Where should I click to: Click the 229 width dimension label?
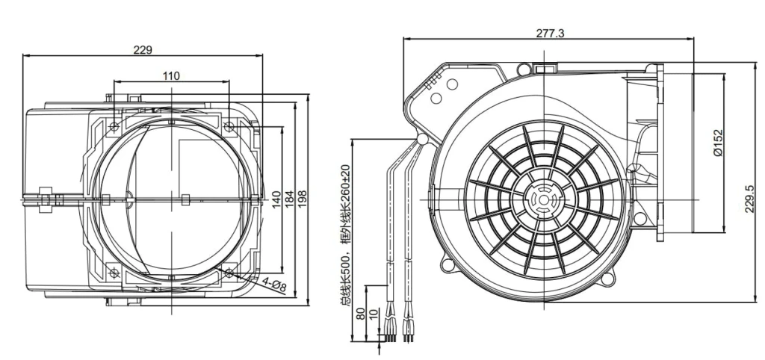coord(143,50)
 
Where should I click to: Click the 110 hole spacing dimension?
coord(171,75)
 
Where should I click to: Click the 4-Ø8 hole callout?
coord(273,284)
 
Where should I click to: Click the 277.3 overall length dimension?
coord(551,33)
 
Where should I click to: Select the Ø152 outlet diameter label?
coord(717,143)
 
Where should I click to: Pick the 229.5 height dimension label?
coord(750,199)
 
